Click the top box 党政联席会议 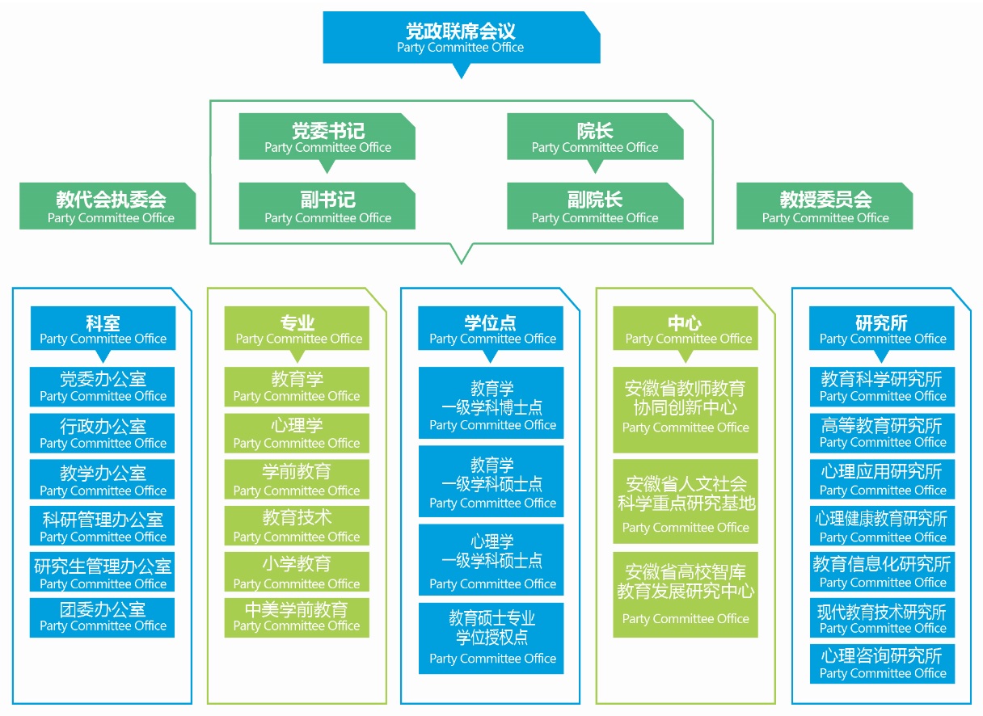(x=461, y=37)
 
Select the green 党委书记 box (x=327, y=137)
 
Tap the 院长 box (x=595, y=137)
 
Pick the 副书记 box (x=327, y=207)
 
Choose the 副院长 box (x=595, y=207)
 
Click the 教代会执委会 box (x=108, y=207)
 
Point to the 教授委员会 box (x=825, y=207)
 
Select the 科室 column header (x=103, y=329)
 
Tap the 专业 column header (x=297, y=329)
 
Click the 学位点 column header (x=491, y=329)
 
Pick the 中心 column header (x=686, y=329)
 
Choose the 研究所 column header (x=882, y=329)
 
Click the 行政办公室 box (x=103, y=433)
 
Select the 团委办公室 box (x=103, y=617)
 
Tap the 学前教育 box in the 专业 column (x=297, y=479)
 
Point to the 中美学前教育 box (x=297, y=617)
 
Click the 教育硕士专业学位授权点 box (x=491, y=638)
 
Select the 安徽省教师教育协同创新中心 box (x=686, y=409)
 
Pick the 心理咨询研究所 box (x=882, y=663)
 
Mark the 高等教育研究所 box (x=882, y=433)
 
